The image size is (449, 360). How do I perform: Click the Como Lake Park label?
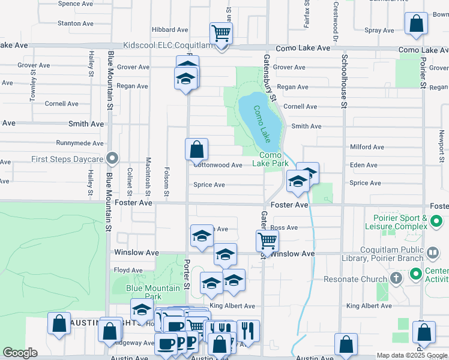(x=270, y=159)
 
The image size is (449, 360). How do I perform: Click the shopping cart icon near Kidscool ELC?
(x=221, y=34)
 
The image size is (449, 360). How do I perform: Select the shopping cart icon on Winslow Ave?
(x=267, y=241)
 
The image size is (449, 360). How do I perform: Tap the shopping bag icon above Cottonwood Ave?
(x=197, y=149)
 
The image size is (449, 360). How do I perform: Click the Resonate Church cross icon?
(x=395, y=279)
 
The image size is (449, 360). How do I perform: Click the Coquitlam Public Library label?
(x=399, y=254)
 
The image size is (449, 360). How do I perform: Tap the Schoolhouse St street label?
(x=345, y=81)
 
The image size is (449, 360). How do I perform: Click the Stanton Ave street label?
(x=76, y=23)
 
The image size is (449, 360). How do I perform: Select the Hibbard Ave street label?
(x=170, y=29)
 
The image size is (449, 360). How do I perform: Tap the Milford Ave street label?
(x=366, y=147)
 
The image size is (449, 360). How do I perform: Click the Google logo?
(x=20, y=353)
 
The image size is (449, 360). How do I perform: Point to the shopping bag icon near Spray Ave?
(x=415, y=24)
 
